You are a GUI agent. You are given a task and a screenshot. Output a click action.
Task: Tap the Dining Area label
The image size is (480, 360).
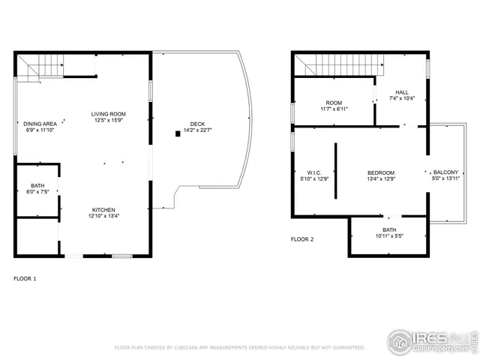40,124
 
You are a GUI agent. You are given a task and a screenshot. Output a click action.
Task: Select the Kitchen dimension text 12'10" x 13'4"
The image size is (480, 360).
103,216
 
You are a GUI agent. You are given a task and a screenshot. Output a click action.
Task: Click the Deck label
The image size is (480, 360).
197,124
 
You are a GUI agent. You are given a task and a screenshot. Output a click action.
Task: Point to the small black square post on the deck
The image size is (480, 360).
178,133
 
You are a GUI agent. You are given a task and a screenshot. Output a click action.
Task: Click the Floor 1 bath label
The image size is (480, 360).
37,185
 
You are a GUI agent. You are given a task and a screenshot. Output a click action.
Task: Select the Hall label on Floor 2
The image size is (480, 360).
402,92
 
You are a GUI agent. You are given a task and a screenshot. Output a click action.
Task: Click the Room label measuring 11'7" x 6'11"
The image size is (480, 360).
334,103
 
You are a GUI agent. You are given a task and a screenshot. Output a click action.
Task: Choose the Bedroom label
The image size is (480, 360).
381,172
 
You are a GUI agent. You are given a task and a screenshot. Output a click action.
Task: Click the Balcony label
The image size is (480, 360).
445,172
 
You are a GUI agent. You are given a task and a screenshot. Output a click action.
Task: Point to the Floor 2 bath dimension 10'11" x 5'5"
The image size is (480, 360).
389,236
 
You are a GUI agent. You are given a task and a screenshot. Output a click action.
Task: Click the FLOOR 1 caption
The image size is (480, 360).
25,278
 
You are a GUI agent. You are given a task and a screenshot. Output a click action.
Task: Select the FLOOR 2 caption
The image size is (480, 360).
302,239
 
